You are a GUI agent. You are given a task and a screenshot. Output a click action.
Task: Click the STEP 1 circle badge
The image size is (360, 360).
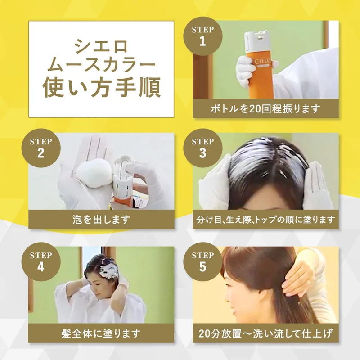point(203,36)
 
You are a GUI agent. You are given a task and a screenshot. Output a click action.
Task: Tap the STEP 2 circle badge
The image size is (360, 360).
point(41,148)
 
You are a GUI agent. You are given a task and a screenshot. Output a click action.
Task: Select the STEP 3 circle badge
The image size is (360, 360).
point(203,148)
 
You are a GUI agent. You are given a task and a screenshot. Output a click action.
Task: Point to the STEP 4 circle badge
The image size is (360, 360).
point(41,261)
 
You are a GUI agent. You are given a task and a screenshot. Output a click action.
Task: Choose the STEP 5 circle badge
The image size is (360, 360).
point(203,261)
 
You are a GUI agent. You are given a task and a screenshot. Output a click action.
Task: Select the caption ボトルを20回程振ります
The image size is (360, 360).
point(265,109)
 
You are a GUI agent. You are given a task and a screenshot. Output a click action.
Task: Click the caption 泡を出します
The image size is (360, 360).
point(101,220)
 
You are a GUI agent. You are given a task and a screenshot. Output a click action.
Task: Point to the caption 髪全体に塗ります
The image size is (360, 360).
point(101,333)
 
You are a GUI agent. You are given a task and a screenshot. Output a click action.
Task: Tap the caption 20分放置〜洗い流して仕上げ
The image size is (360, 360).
point(265,333)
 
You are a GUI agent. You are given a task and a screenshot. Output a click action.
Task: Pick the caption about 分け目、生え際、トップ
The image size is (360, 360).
point(265,220)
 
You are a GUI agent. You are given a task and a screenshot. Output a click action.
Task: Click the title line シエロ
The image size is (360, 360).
point(101,46)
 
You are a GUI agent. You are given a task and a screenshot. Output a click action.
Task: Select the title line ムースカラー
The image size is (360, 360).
point(101,65)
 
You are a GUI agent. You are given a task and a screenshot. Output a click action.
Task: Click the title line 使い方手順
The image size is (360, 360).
point(101,88)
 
